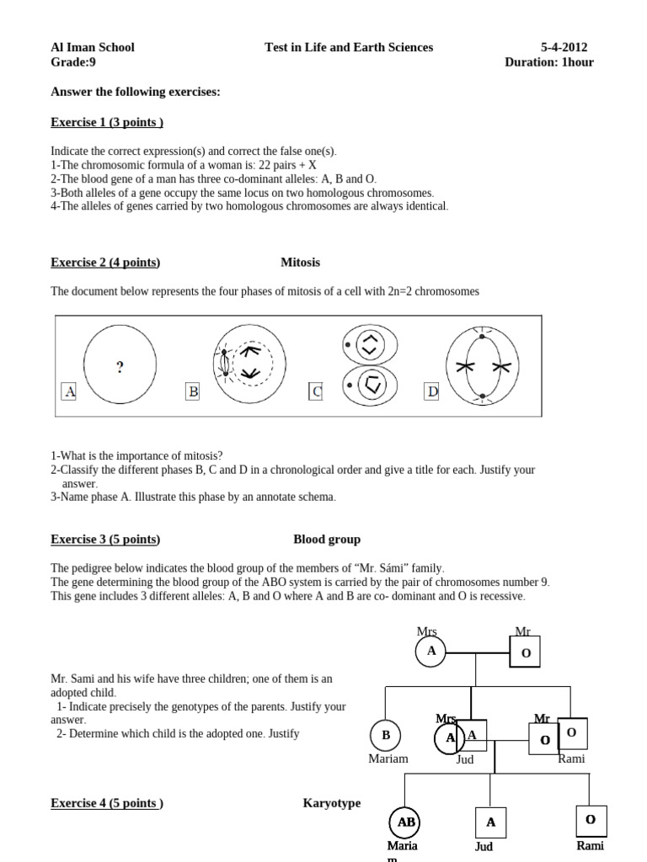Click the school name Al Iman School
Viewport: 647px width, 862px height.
click(x=93, y=47)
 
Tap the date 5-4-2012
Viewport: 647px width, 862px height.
click(x=564, y=47)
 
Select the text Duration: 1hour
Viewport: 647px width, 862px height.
click(x=548, y=62)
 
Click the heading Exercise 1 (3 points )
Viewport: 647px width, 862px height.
click(x=107, y=122)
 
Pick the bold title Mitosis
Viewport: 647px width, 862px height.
click(x=300, y=262)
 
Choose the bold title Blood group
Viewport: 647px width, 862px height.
click(x=327, y=539)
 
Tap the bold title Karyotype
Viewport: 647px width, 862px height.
click(x=331, y=803)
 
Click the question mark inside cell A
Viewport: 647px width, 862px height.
click(x=120, y=366)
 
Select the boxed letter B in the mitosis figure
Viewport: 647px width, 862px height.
click(x=193, y=391)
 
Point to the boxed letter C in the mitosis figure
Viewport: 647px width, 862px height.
click(x=316, y=391)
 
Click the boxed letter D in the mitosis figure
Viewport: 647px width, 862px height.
click(x=431, y=391)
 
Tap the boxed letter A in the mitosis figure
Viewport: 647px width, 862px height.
click(x=69, y=391)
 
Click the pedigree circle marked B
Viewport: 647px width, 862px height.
click(x=386, y=735)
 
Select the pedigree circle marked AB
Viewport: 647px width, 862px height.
click(x=404, y=822)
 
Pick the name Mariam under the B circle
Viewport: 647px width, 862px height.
click(x=388, y=758)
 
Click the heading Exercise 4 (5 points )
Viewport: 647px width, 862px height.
click(x=107, y=803)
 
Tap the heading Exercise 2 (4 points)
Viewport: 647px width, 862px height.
click(x=105, y=262)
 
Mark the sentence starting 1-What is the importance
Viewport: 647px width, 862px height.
click(x=136, y=455)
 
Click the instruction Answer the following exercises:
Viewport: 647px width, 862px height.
click(x=136, y=92)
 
